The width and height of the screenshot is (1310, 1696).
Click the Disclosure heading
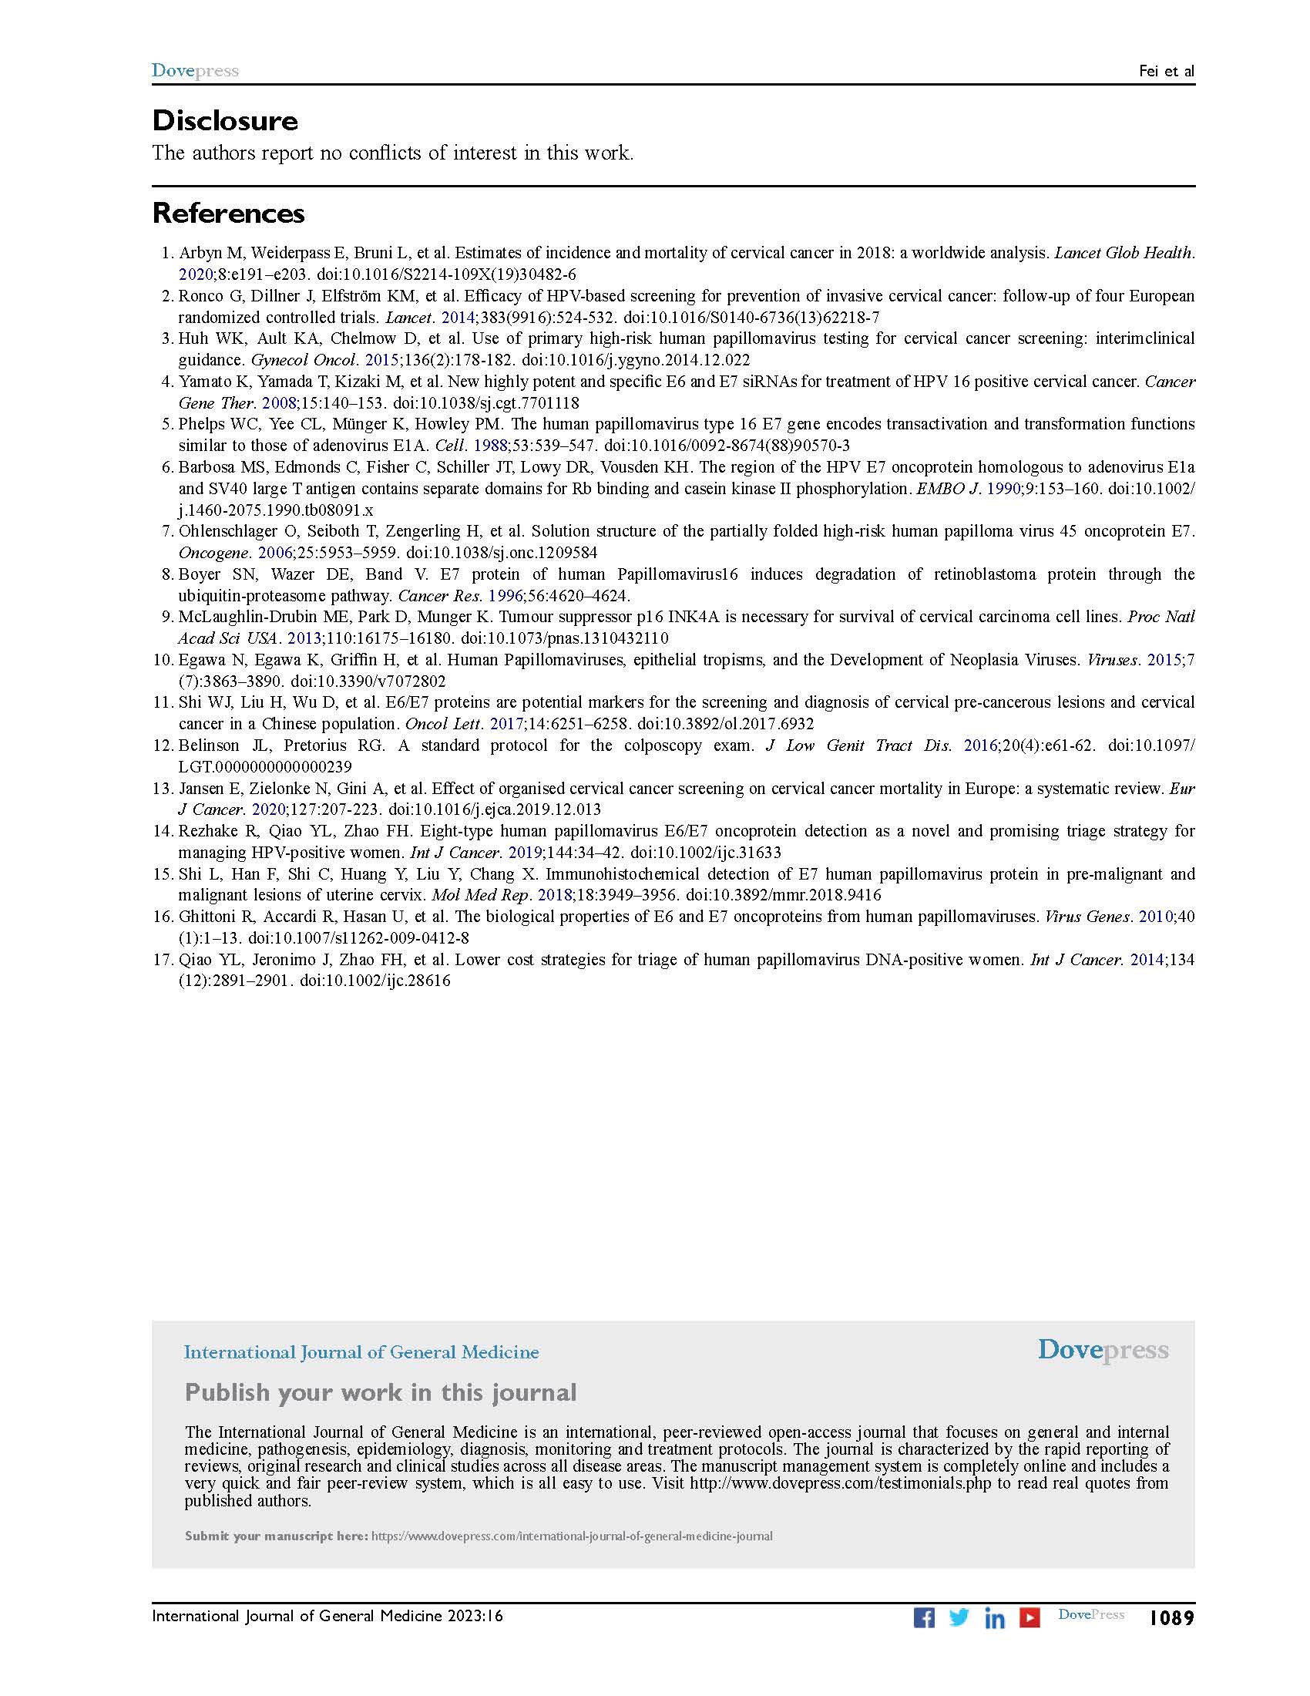(x=225, y=121)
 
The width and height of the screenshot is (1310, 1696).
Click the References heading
(x=228, y=213)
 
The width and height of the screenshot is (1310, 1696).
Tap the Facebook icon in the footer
(x=923, y=1617)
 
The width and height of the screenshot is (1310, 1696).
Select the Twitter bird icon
(x=959, y=1617)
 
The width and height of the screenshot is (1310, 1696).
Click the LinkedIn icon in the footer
(x=994, y=1617)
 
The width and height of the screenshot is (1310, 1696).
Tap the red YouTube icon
(x=1029, y=1617)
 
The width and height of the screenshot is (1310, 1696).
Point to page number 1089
(x=1171, y=1617)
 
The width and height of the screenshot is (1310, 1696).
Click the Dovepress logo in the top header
(x=195, y=71)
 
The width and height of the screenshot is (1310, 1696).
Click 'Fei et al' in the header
(x=1167, y=72)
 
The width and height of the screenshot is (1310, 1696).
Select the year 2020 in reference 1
(x=195, y=274)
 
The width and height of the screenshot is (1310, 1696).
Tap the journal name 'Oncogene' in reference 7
(x=205, y=552)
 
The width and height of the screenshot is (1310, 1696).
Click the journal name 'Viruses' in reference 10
(x=1110, y=660)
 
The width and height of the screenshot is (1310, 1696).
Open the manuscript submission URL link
(x=572, y=1535)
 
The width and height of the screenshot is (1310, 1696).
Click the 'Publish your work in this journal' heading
(x=380, y=1392)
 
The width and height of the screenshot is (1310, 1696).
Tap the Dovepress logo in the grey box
(x=1103, y=1351)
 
